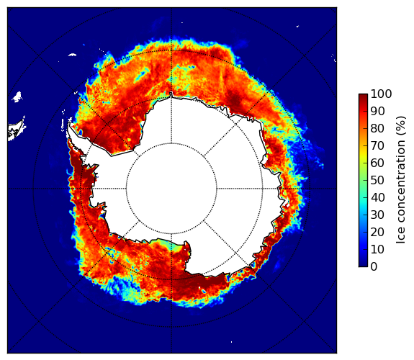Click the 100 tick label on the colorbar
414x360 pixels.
(381, 94)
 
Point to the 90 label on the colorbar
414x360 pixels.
(377, 111)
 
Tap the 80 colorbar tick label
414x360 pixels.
(377, 129)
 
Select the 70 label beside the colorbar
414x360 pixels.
(377, 145)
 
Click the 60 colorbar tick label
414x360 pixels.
(377, 163)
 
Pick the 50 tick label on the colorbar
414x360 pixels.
(377, 181)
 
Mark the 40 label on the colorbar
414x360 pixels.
(377, 197)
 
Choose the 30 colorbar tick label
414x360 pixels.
(377, 215)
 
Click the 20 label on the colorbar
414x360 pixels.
(377, 232)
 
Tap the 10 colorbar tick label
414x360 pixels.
(377, 249)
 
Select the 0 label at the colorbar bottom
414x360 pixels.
(374, 267)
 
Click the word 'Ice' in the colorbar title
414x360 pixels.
(401, 237)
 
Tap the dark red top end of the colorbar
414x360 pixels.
(363, 96)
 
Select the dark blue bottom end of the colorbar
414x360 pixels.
(363, 264)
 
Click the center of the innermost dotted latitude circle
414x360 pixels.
(171, 189)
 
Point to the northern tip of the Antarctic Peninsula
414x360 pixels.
(69, 122)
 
